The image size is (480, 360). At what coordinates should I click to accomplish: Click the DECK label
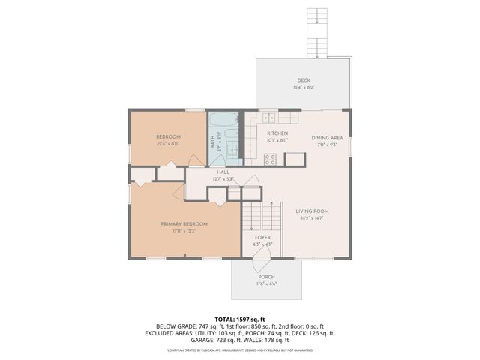tap(303, 80)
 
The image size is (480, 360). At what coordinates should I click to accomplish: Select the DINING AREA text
tap(327, 137)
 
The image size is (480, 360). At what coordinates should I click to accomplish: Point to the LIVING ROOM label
tap(312, 211)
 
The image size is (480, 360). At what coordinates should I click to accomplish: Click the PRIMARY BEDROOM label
tap(184, 223)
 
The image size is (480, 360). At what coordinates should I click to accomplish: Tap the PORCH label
tap(267, 277)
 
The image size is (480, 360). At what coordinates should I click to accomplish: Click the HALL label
tap(223, 172)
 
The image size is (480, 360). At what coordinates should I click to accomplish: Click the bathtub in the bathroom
tap(223, 121)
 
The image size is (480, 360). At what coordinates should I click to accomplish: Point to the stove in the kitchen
tap(271, 158)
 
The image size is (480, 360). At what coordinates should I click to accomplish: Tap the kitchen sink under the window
tap(268, 117)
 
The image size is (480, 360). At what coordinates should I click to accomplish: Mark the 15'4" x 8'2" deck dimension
tap(303, 88)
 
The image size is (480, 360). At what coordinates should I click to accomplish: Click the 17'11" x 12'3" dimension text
tap(184, 231)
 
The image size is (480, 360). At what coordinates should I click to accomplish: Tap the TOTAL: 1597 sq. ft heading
tap(240, 319)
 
